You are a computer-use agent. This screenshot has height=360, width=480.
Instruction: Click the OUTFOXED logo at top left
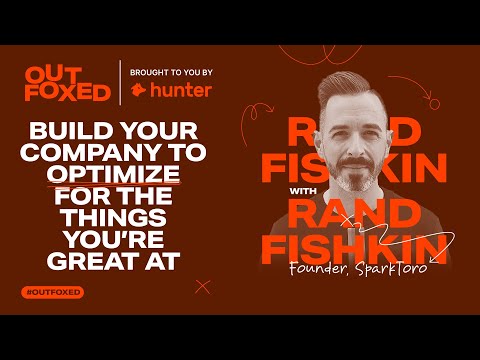pyautogui.click(x=68, y=84)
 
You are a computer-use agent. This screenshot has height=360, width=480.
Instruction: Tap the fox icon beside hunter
pyautogui.click(x=138, y=90)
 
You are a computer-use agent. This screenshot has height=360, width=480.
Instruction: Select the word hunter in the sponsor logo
pyautogui.click(x=181, y=90)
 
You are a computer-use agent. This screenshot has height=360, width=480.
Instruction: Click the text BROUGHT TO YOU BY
pyautogui.click(x=171, y=72)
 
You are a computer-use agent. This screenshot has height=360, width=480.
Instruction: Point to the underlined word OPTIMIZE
pyautogui.click(x=114, y=174)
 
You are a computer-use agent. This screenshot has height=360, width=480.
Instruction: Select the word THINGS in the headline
pyautogui.click(x=114, y=217)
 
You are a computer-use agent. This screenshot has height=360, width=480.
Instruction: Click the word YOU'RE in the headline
pyautogui.click(x=114, y=239)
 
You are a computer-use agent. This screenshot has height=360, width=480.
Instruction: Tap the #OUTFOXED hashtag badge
pyautogui.click(x=53, y=293)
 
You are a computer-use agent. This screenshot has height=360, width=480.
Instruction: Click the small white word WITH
pyautogui.click(x=303, y=191)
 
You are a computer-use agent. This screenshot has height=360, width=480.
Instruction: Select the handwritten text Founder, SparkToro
pyautogui.click(x=358, y=268)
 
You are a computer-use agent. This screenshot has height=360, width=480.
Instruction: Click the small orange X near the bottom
pyautogui.click(x=203, y=287)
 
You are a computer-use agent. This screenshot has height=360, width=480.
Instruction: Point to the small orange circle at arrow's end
pyautogui.click(x=434, y=105)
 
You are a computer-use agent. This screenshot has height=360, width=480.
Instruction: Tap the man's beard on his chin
pyautogui.click(x=354, y=182)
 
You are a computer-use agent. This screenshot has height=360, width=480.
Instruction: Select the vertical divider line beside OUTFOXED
pyautogui.click(x=120, y=83)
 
